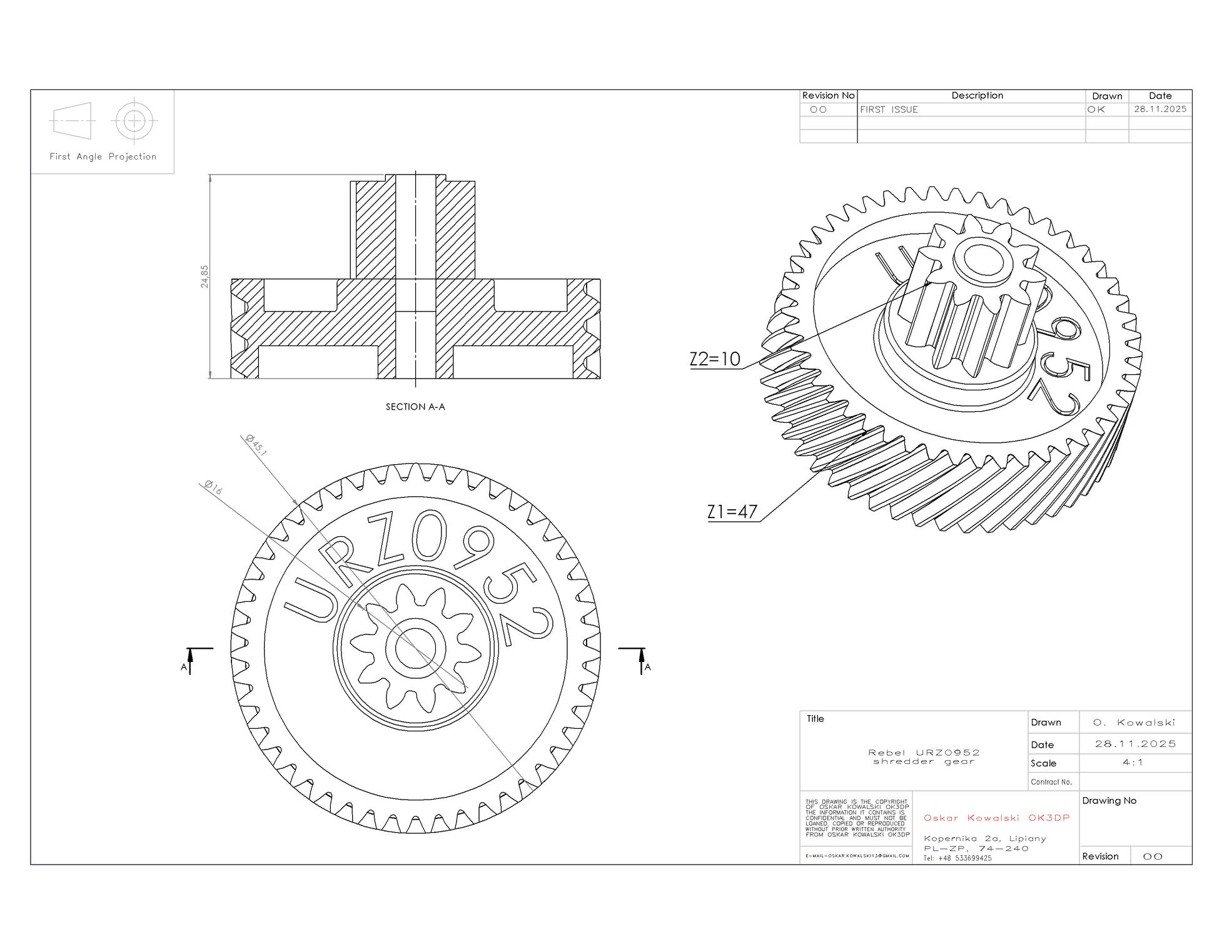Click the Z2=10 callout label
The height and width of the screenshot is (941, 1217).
[715, 359]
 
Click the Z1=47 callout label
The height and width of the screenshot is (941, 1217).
[732, 512]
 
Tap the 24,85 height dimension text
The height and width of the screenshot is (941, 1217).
[205, 277]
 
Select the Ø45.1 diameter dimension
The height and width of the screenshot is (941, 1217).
[256, 445]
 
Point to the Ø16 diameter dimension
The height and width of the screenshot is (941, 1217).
[213, 487]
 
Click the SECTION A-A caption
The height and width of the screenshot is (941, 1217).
[415, 407]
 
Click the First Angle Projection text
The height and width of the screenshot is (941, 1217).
[103, 156]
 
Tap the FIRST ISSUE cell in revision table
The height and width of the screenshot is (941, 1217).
[889, 109]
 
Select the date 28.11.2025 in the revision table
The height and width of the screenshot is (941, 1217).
[1160, 109]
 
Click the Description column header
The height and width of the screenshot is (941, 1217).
[977, 96]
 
